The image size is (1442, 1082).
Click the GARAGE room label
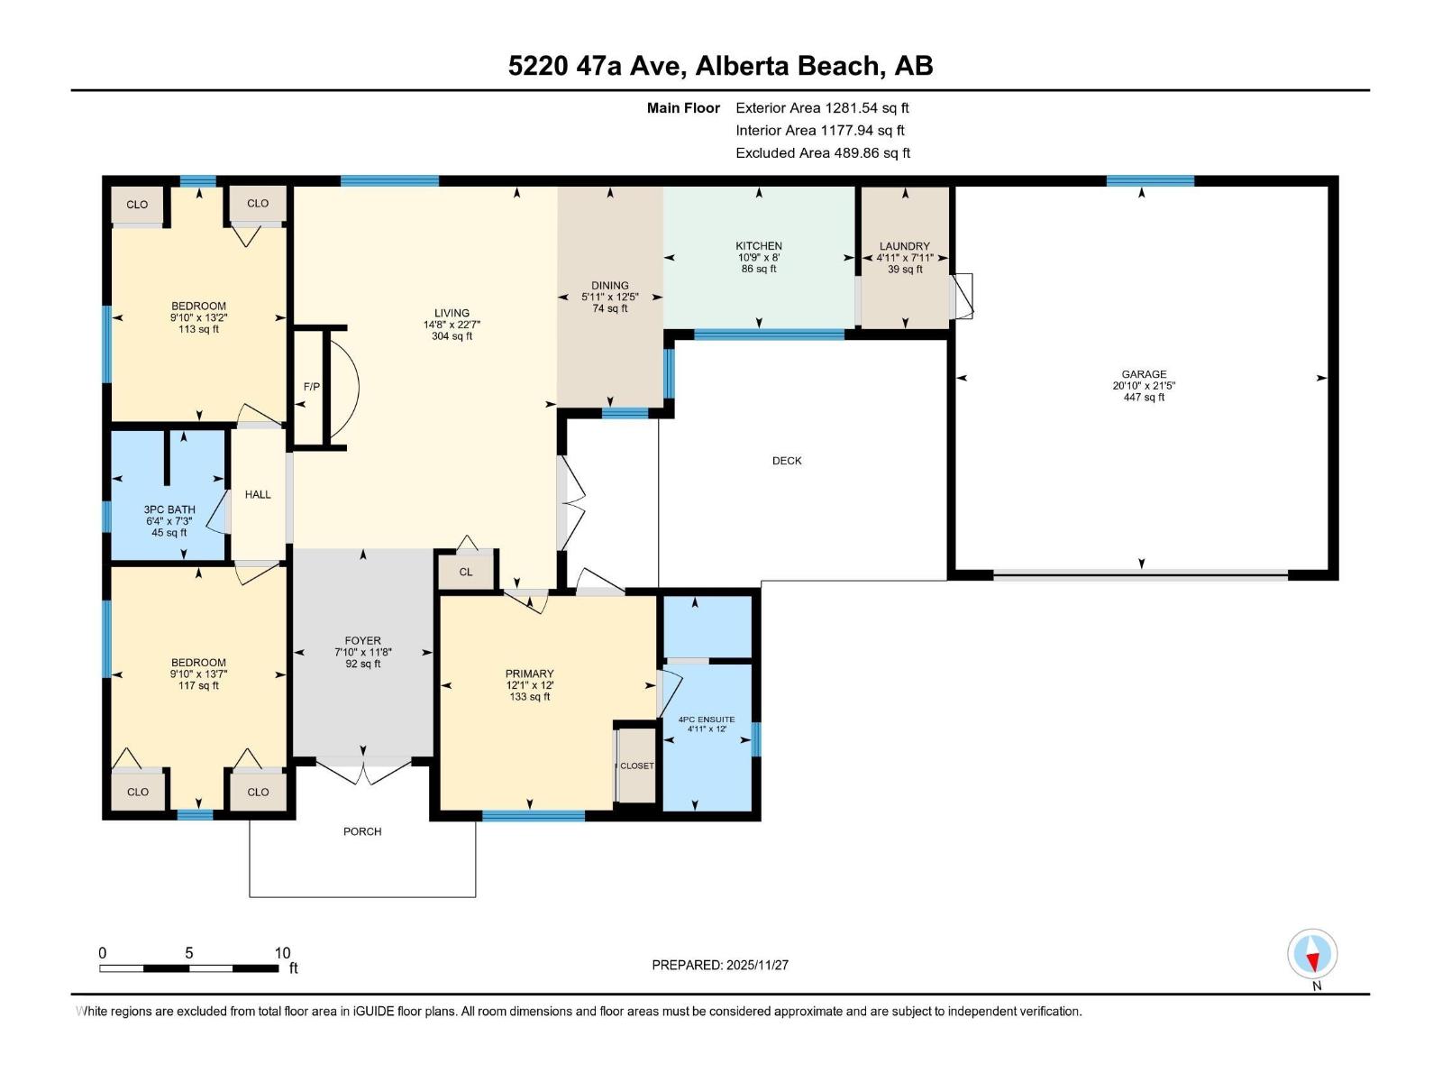tap(1144, 374)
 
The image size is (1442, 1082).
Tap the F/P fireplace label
tap(311, 387)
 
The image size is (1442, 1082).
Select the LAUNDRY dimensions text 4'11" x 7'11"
tap(905, 258)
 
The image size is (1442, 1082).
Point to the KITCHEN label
tap(759, 246)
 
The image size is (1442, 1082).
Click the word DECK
tap(787, 461)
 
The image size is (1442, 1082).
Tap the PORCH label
tap(362, 831)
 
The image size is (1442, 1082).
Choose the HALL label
tap(258, 494)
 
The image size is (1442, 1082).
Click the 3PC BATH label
tap(169, 509)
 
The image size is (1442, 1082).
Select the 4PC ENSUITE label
tap(707, 720)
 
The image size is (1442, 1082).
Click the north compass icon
tap(1312, 955)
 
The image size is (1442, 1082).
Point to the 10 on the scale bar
tap(282, 953)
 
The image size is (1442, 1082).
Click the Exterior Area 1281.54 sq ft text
tap(822, 108)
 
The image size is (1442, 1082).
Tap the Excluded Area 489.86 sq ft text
tap(823, 153)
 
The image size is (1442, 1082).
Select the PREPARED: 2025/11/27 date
tap(720, 965)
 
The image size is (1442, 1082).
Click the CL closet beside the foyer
tap(466, 572)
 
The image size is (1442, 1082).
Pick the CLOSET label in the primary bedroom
tap(637, 766)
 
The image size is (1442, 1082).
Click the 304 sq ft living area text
tap(452, 336)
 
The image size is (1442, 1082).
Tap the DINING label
tap(610, 286)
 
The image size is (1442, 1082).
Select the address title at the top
tap(720, 66)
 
